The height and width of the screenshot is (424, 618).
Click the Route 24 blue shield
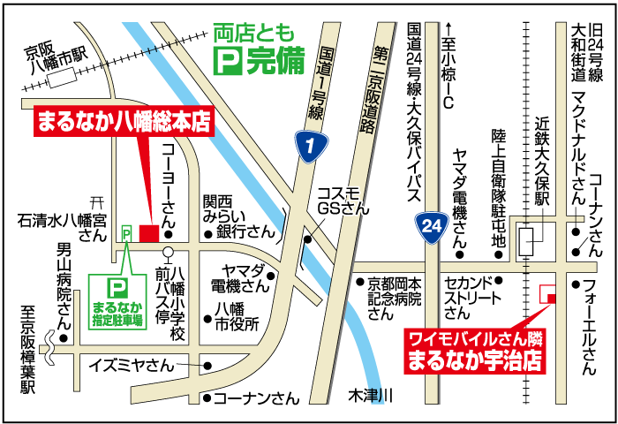(432, 228)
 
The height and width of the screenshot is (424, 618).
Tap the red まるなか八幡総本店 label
(124, 121)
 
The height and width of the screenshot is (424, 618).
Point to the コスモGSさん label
(342, 201)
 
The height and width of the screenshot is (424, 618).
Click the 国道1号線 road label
(320, 83)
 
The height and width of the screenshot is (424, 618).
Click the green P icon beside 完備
(227, 61)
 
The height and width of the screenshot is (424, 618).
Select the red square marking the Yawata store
(149, 233)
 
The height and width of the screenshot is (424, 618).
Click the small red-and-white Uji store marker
(547, 293)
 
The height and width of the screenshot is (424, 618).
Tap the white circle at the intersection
(168, 252)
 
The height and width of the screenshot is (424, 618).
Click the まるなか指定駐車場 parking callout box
(117, 301)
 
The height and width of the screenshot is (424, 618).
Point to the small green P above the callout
(126, 232)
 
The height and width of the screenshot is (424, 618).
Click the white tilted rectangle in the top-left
(62, 77)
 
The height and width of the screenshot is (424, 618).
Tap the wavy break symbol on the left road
(50, 347)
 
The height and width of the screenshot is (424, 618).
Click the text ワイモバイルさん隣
(474, 338)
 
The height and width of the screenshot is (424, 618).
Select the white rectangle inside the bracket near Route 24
(526, 240)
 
